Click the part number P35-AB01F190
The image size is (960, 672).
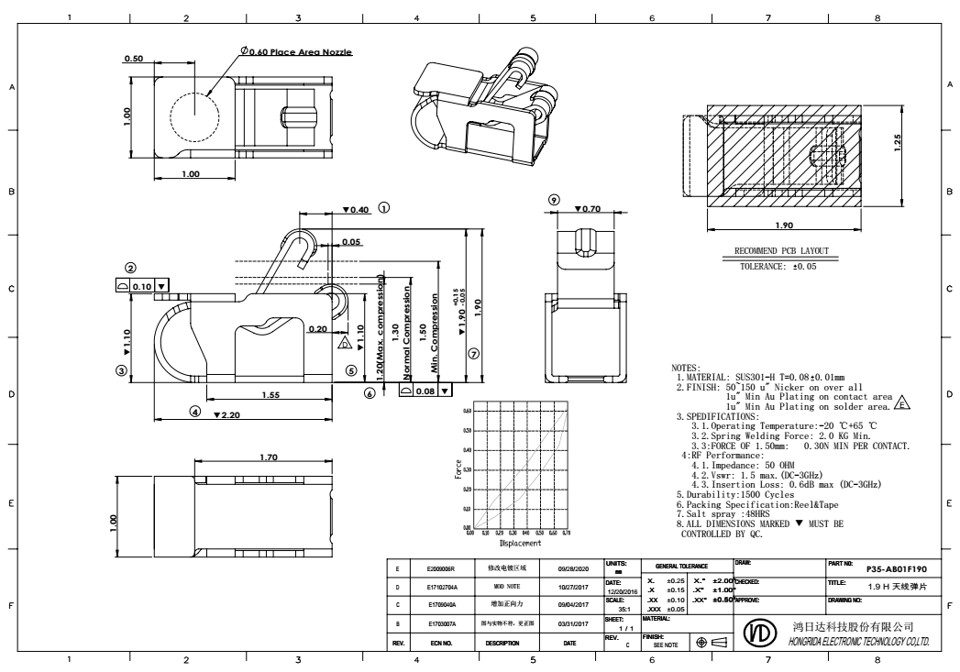(898, 567)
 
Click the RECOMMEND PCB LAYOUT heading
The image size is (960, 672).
(781, 250)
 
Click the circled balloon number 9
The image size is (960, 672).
(553, 201)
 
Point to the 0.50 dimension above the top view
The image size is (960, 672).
(134, 60)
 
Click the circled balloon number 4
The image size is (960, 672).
(194, 411)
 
